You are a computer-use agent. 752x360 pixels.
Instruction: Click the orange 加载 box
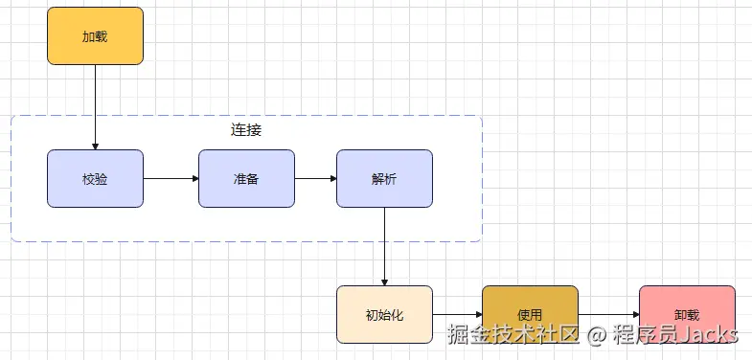[95, 36]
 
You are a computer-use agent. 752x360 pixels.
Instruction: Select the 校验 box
[95, 178]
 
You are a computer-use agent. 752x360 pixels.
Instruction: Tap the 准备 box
[246, 178]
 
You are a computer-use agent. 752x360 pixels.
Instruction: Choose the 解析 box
[384, 178]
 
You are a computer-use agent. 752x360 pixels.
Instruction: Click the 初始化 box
[384, 314]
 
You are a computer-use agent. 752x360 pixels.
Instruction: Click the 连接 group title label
[246, 130]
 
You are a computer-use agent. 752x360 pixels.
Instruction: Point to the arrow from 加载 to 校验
[96, 105]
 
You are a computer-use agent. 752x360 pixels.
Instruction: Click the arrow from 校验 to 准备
[171, 178]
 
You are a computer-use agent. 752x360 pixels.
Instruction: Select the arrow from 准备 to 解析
[315, 178]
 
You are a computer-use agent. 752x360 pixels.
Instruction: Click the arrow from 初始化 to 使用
[457, 314]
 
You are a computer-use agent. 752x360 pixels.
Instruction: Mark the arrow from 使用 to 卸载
[608, 314]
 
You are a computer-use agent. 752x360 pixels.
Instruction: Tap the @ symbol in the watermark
[597, 335]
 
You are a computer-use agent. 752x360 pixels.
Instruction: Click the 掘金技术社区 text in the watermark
[514, 335]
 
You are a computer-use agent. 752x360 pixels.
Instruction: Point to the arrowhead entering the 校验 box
[96, 145]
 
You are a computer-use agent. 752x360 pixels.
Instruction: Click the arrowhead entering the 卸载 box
[634, 314]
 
